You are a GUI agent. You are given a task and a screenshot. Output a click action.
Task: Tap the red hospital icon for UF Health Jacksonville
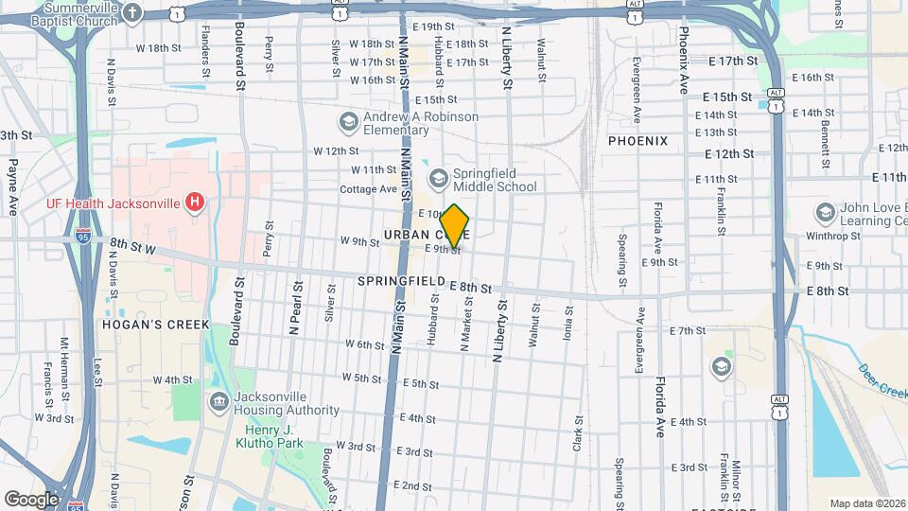195,201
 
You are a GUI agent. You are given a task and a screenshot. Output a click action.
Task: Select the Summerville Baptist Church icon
133,13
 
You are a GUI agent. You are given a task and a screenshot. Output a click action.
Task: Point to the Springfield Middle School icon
438,178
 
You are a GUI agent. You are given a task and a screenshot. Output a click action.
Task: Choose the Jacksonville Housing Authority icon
219,402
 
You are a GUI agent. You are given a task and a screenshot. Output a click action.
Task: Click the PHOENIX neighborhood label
637,141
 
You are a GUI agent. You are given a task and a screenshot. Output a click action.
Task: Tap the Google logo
30,499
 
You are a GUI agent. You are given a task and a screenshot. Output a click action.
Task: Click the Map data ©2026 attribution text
866,503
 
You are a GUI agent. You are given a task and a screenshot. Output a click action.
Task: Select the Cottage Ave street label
368,188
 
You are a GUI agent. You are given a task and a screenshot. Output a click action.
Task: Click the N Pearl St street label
295,307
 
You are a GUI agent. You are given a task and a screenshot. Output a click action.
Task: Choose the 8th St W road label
131,248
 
